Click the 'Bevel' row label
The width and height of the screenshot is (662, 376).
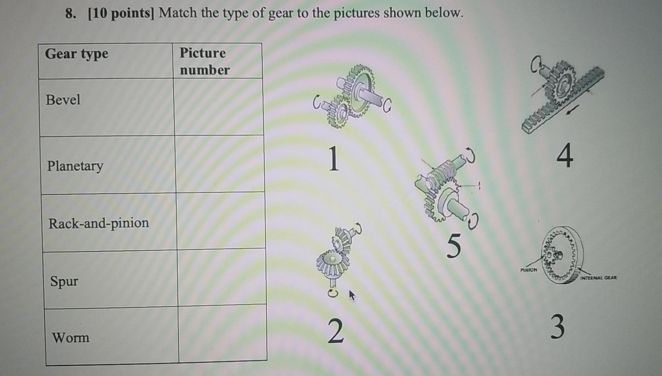pyautogui.click(x=63, y=99)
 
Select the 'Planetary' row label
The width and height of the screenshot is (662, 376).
pyautogui.click(x=75, y=165)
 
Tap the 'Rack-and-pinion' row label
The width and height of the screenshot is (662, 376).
pyautogui.click(x=99, y=223)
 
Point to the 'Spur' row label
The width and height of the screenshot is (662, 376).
pyautogui.click(x=64, y=281)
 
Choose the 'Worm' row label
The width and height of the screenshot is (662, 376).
pyautogui.click(x=71, y=337)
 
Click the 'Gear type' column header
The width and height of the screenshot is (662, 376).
pyautogui.click(x=77, y=54)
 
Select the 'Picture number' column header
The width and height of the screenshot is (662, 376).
pyautogui.click(x=204, y=61)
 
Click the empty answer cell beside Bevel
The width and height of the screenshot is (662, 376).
pyautogui.click(x=218, y=107)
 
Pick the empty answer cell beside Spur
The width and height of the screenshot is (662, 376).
pyautogui.click(x=221, y=278)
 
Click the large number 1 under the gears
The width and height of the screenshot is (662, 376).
pyautogui.click(x=333, y=159)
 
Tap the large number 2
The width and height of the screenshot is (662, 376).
pyautogui.click(x=335, y=331)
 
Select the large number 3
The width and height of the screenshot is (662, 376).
pyautogui.click(x=557, y=327)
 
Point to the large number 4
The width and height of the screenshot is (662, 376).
pyautogui.click(x=565, y=156)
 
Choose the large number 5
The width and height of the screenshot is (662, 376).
pyautogui.click(x=454, y=246)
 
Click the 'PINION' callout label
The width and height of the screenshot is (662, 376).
pyautogui.click(x=529, y=270)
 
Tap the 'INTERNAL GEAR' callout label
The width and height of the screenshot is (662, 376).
pyautogui.click(x=598, y=277)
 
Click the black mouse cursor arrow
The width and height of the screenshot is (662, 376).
pyautogui.click(x=352, y=295)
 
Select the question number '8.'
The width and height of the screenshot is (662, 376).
pyautogui.click(x=71, y=14)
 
